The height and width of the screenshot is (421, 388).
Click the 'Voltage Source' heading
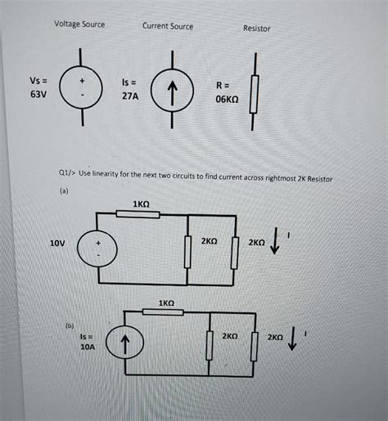[79, 24]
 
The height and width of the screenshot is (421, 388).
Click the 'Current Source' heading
[168, 26]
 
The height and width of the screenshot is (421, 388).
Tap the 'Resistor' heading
[256, 29]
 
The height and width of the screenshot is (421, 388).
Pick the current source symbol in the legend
[173, 90]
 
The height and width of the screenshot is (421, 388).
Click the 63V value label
[39, 95]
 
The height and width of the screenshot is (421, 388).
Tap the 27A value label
[131, 96]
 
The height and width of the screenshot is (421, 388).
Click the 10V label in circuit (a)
[56, 244]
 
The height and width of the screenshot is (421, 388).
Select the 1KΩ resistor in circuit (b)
[166, 314]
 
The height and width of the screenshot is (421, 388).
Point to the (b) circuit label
[70, 325]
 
